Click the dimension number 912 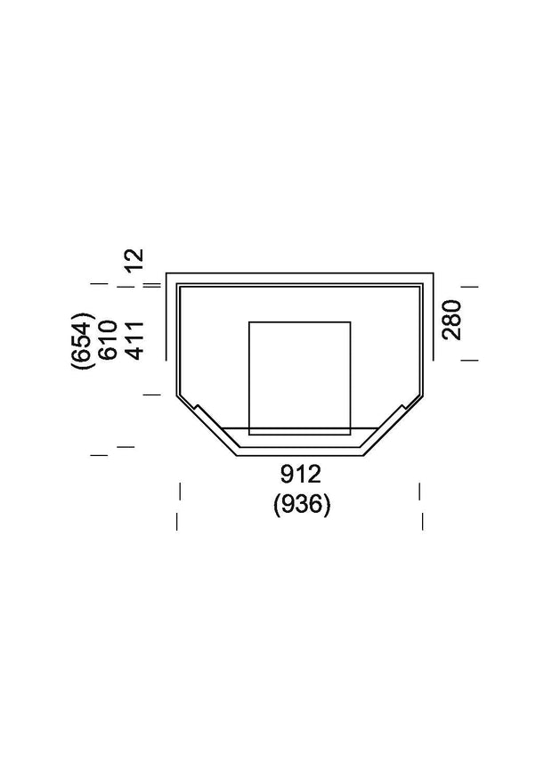(302, 474)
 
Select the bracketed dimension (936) (302, 505)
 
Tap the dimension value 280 (452, 320)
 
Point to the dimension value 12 (134, 259)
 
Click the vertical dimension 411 (134, 339)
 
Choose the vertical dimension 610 (109, 339)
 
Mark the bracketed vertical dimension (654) (83, 339)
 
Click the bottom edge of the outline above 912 (300, 455)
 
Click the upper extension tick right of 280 (470, 287)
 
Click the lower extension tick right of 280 (470, 360)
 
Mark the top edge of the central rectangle (299, 321)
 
